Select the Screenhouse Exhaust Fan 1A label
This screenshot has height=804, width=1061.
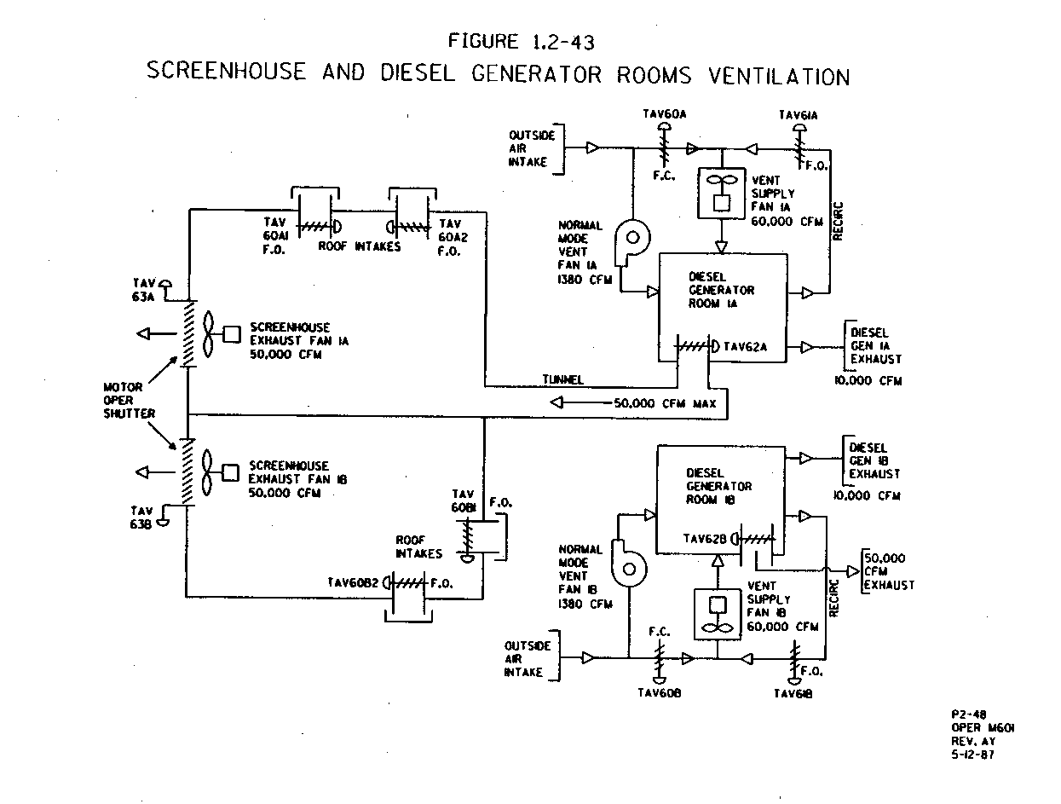coord(289,341)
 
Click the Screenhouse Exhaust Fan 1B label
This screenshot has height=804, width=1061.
coord(289,479)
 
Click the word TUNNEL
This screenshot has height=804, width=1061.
coord(563,379)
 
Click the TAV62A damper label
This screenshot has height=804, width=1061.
coord(746,347)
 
